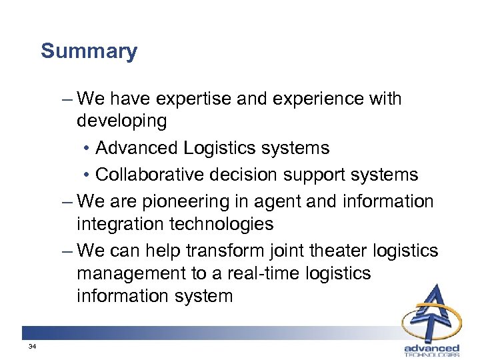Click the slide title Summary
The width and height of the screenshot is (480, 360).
(x=89, y=51)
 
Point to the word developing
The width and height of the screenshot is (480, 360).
(x=121, y=121)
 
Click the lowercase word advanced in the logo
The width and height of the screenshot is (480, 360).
(x=431, y=348)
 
